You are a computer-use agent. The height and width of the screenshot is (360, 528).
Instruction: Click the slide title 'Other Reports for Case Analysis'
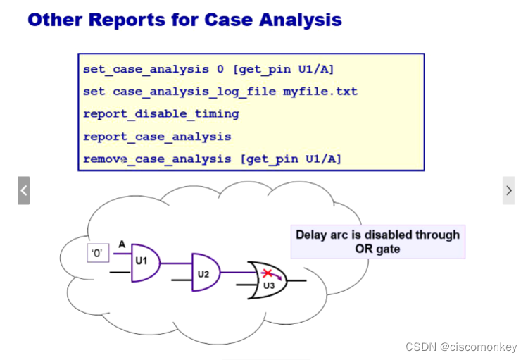click(x=184, y=19)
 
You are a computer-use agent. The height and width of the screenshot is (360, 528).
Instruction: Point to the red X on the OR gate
click(x=268, y=273)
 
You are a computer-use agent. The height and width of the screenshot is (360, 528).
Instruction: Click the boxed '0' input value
click(x=97, y=252)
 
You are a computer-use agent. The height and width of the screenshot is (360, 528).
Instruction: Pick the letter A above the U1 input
click(x=121, y=244)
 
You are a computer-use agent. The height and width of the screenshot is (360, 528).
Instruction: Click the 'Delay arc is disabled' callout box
click(x=377, y=242)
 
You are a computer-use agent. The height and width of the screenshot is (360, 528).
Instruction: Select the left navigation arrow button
click(x=23, y=190)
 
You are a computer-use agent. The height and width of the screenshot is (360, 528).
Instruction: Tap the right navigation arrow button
click(x=508, y=190)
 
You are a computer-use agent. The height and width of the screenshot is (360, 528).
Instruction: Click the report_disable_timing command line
click(x=161, y=113)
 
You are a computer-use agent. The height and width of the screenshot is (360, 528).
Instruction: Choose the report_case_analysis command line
click(x=157, y=136)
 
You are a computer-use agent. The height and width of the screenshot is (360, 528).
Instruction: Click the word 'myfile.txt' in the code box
click(x=320, y=91)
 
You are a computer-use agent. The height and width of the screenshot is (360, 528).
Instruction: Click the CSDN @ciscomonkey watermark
click(x=460, y=347)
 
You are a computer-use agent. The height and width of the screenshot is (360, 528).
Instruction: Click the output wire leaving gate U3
click(x=298, y=280)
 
